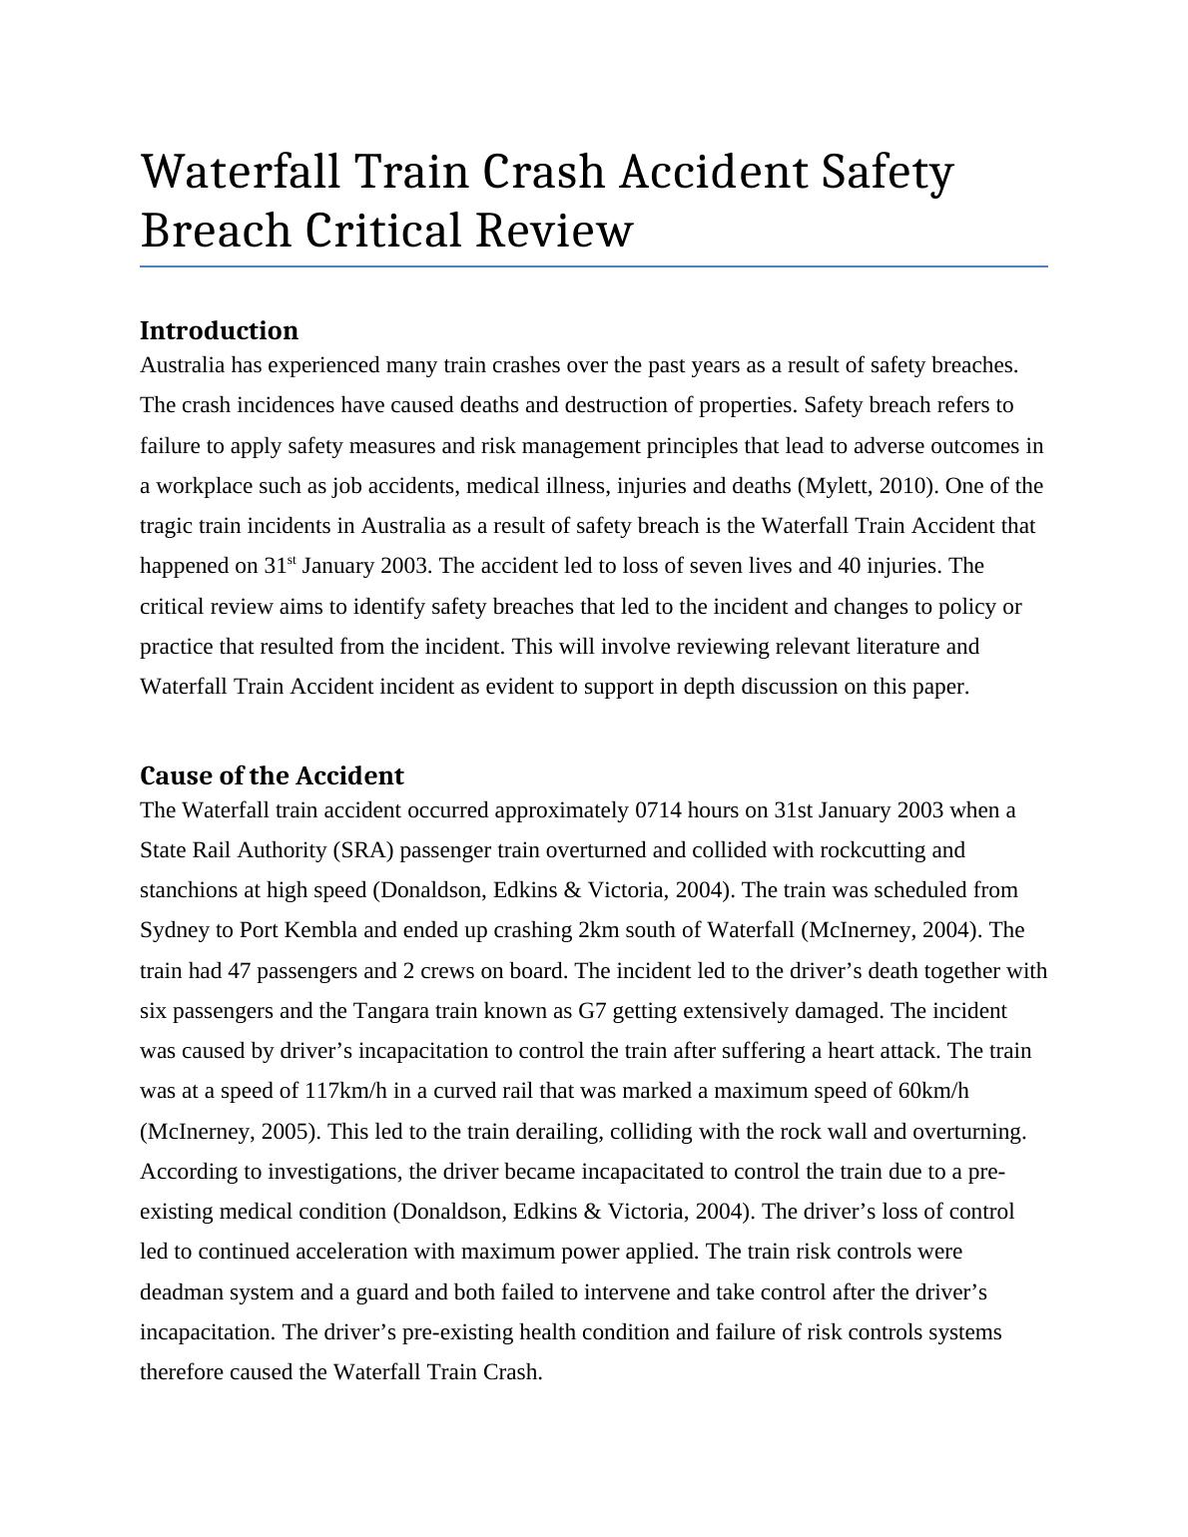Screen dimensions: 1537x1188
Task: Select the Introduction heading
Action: point(219,330)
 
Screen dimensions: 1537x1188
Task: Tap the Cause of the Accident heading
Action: point(272,775)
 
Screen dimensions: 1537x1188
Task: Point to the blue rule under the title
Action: point(593,266)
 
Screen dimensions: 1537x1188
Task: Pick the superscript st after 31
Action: point(292,561)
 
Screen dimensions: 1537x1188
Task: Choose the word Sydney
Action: point(173,930)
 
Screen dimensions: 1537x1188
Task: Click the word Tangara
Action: point(391,1011)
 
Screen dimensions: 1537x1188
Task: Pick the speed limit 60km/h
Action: point(932,1091)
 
